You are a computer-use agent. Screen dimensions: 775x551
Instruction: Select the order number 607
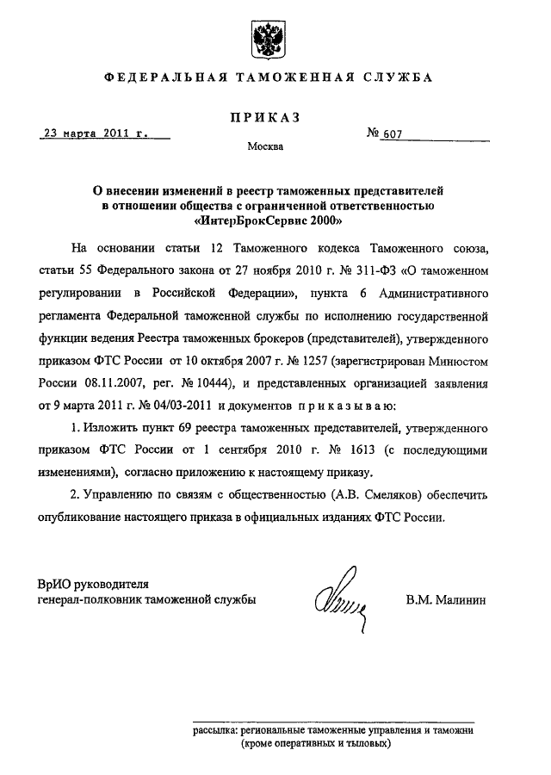tap(394, 135)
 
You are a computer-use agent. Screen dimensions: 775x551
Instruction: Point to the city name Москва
tap(265, 147)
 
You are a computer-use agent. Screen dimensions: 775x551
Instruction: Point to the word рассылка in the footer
tap(216, 729)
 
